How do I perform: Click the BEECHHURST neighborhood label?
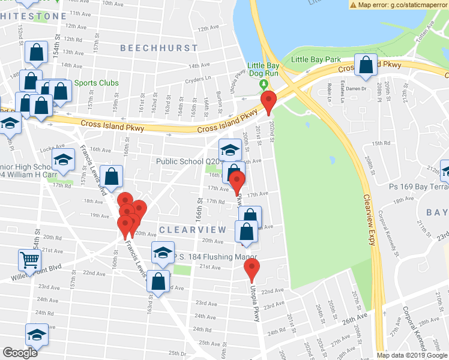(158, 47)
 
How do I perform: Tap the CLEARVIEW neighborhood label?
(193, 230)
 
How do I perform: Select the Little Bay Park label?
(316, 59)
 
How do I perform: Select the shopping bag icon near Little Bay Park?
(365, 67)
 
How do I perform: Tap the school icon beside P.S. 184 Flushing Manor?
(162, 253)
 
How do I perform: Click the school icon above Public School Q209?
(230, 150)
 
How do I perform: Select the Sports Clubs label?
(96, 83)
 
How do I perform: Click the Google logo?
(20, 353)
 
